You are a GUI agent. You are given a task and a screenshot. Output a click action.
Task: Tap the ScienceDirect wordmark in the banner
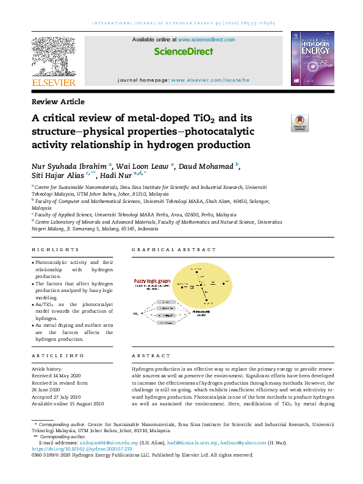click(183, 52)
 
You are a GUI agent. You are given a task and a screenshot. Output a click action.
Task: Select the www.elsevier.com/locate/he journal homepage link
click(210, 80)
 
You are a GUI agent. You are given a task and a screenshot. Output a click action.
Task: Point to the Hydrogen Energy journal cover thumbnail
click(312, 58)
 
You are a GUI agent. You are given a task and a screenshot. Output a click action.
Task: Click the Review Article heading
click(58, 102)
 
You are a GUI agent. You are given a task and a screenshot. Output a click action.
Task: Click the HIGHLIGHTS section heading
click(55, 249)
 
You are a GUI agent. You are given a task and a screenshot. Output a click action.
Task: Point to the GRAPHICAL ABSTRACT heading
click(174, 249)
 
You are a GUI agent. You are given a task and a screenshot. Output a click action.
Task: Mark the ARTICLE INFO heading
click(57, 355)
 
